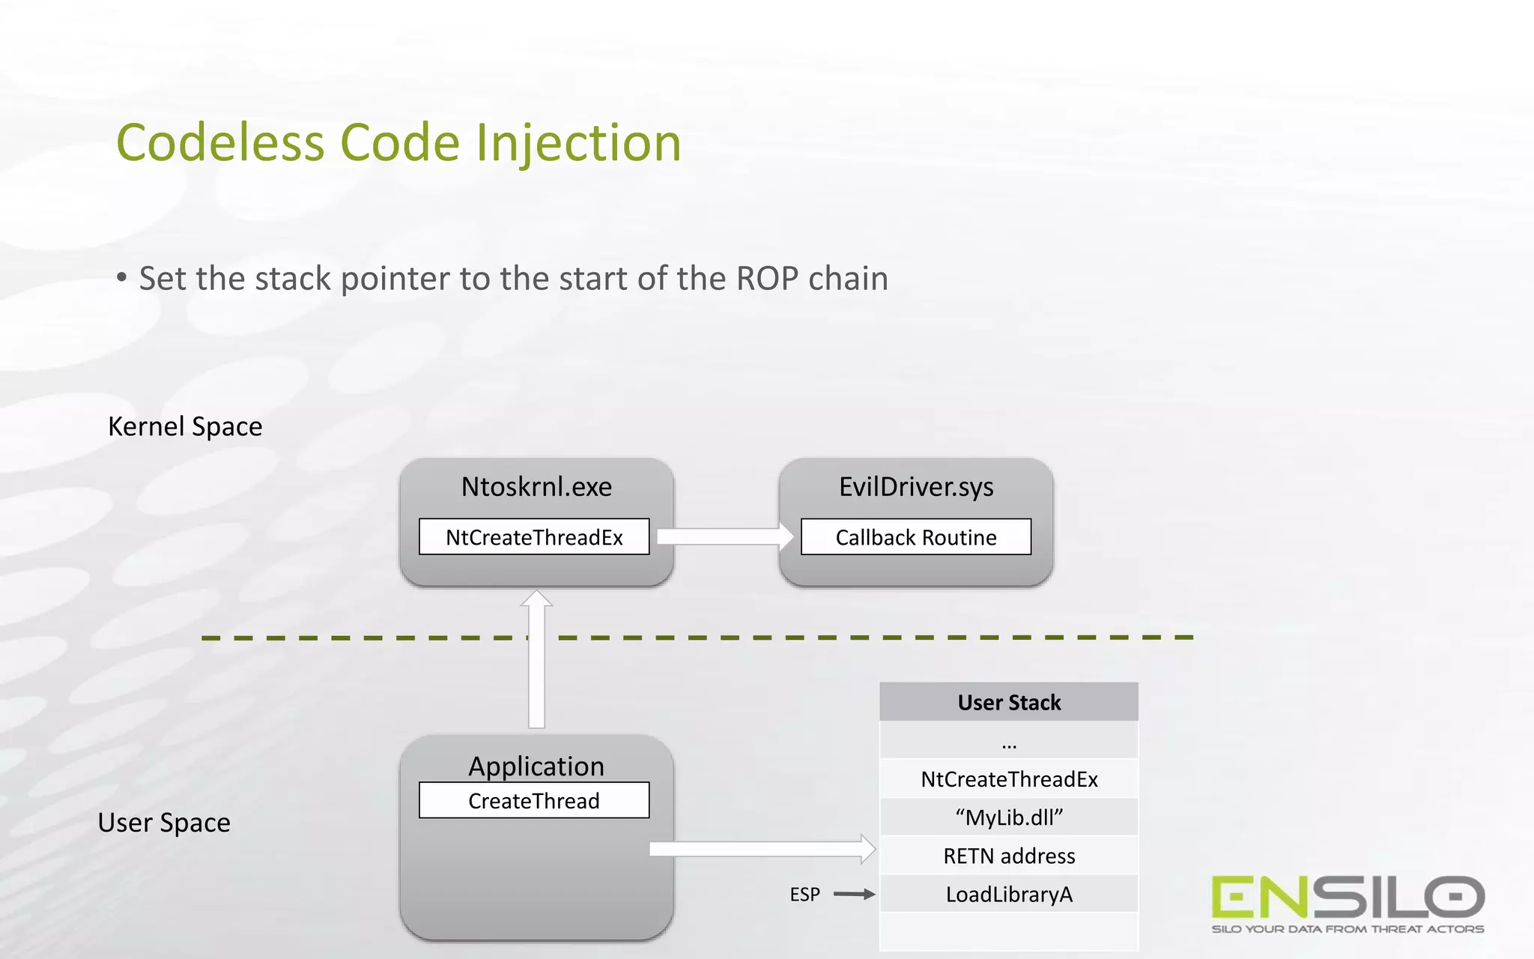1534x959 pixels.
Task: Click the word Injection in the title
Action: click(578, 142)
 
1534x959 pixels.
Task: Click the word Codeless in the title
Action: click(220, 142)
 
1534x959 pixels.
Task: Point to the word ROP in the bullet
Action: click(767, 279)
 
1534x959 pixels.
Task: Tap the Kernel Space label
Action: click(185, 426)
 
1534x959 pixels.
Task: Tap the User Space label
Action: click(164, 823)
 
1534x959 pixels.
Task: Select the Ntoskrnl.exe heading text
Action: click(536, 487)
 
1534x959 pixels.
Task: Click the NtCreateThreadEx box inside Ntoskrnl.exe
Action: click(534, 537)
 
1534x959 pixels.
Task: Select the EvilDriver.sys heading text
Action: click(916, 487)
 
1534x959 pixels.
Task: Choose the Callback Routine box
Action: click(916, 537)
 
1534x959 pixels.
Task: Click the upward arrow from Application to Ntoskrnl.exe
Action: click(536, 659)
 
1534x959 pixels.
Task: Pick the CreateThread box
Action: click(534, 801)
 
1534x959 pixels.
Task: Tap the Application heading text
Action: click(536, 766)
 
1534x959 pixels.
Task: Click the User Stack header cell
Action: click(1009, 702)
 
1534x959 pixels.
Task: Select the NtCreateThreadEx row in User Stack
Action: click(1009, 779)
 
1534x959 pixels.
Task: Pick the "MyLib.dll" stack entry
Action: click(1009, 817)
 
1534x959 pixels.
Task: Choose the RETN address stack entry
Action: click(1009, 856)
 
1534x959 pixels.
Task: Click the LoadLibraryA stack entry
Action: click(1009, 895)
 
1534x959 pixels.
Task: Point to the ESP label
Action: click(804, 895)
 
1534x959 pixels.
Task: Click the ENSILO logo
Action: click(1347, 903)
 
